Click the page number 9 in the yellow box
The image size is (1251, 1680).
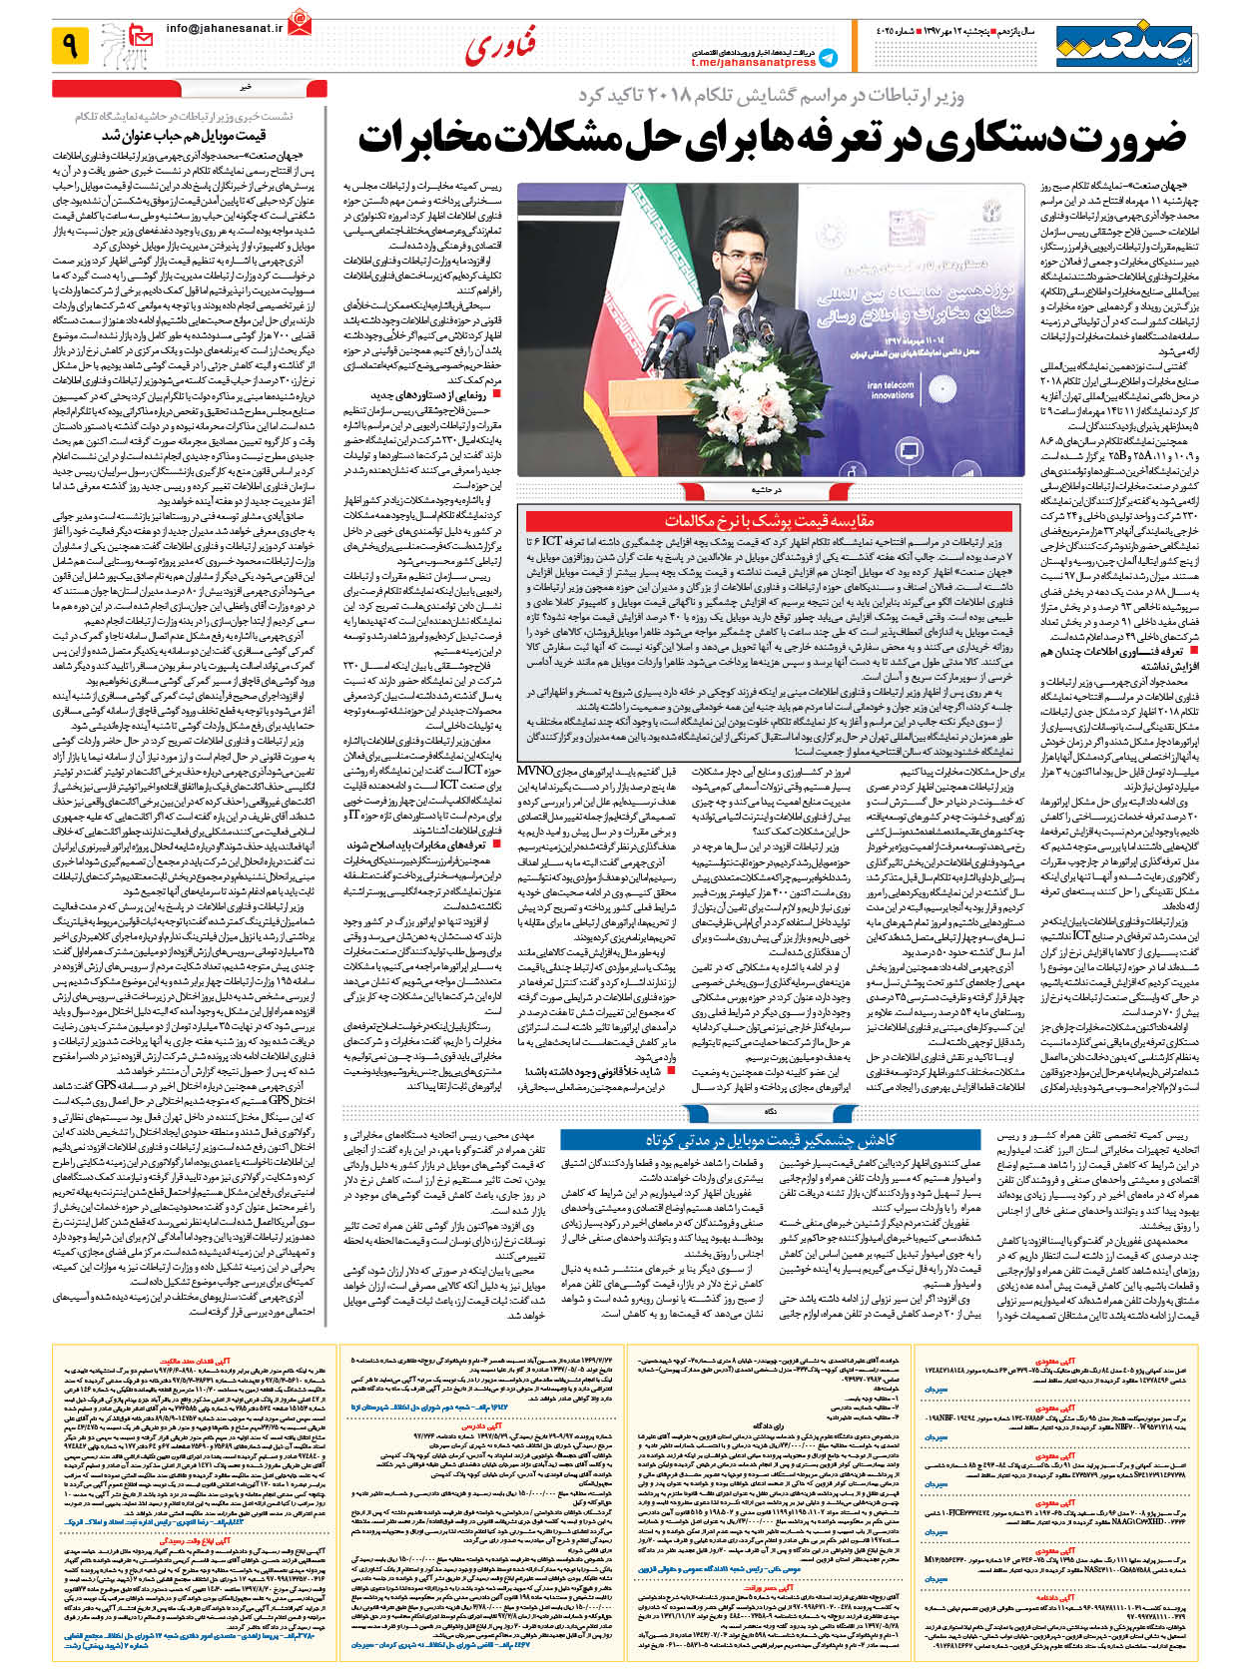(x=71, y=45)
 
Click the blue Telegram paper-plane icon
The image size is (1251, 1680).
(x=828, y=58)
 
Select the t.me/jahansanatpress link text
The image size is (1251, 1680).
(x=753, y=63)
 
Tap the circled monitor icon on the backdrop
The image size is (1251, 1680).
(x=909, y=449)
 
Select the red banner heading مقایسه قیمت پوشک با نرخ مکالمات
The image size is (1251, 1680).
(x=769, y=520)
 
